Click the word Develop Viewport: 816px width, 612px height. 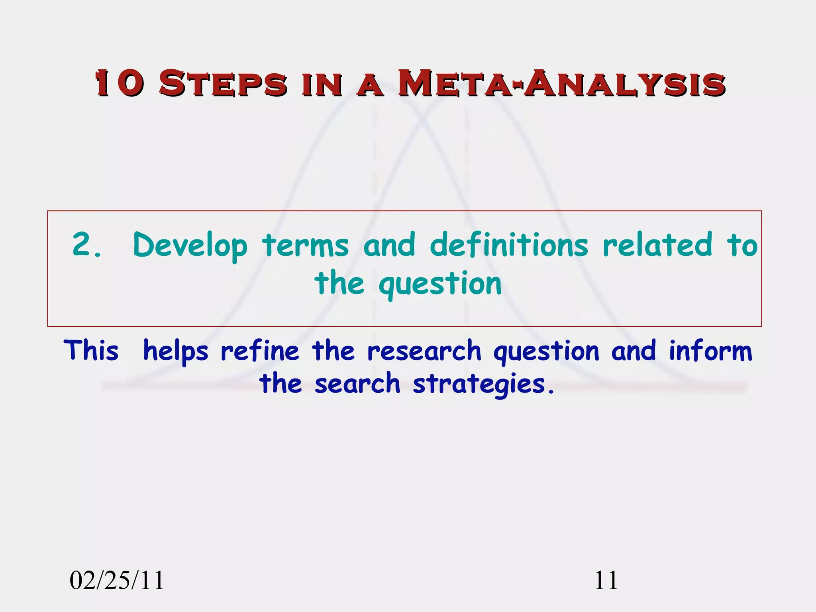click(190, 246)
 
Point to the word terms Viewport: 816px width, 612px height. click(305, 245)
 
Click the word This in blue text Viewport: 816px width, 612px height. click(91, 351)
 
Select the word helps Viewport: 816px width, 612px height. click(175, 352)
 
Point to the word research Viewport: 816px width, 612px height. click(424, 351)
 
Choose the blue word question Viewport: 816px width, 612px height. click(546, 352)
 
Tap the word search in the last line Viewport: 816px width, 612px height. click(357, 384)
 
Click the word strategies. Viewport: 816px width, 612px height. click(483, 384)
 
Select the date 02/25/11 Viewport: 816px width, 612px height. click(117, 580)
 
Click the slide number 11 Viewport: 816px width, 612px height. click(606, 580)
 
